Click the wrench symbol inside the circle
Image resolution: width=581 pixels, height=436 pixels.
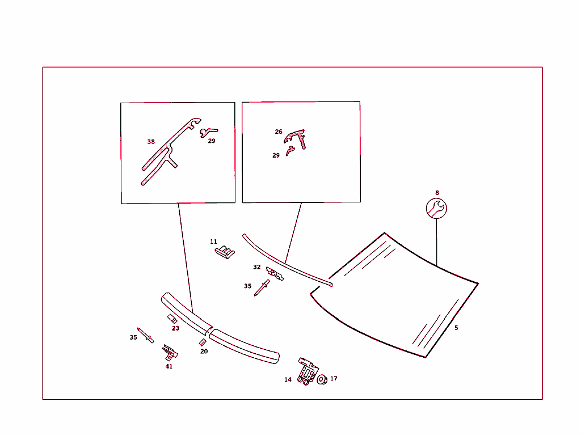pos(436,209)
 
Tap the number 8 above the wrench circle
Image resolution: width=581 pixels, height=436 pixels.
pos(437,193)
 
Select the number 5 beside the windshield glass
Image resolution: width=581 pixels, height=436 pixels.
pos(456,328)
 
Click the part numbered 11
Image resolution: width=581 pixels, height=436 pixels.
pos(225,252)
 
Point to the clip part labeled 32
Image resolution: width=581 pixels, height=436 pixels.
pos(275,274)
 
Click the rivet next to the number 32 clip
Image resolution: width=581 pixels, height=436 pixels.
pos(262,288)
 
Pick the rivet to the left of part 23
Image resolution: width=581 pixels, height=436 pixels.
pos(146,335)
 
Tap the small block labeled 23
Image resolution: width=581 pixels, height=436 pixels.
pos(172,319)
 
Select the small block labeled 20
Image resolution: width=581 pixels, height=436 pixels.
pos(203,342)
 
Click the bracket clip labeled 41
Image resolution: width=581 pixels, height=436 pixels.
pos(170,352)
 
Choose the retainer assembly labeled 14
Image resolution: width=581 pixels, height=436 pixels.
pos(308,371)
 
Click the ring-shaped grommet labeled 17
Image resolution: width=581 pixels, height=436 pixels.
pos(322,379)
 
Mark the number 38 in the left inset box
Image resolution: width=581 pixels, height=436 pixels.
pos(151,142)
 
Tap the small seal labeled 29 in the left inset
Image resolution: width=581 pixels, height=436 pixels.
pos(209,132)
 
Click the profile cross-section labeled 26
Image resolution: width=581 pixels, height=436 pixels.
pos(296,138)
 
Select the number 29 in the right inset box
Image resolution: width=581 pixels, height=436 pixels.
pos(276,155)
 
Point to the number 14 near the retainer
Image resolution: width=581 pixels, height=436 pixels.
pos(288,380)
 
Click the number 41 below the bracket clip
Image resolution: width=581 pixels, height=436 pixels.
pos(169,366)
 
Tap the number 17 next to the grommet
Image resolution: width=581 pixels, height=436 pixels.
pos(334,379)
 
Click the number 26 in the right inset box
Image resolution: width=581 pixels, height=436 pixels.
pos(279,132)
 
